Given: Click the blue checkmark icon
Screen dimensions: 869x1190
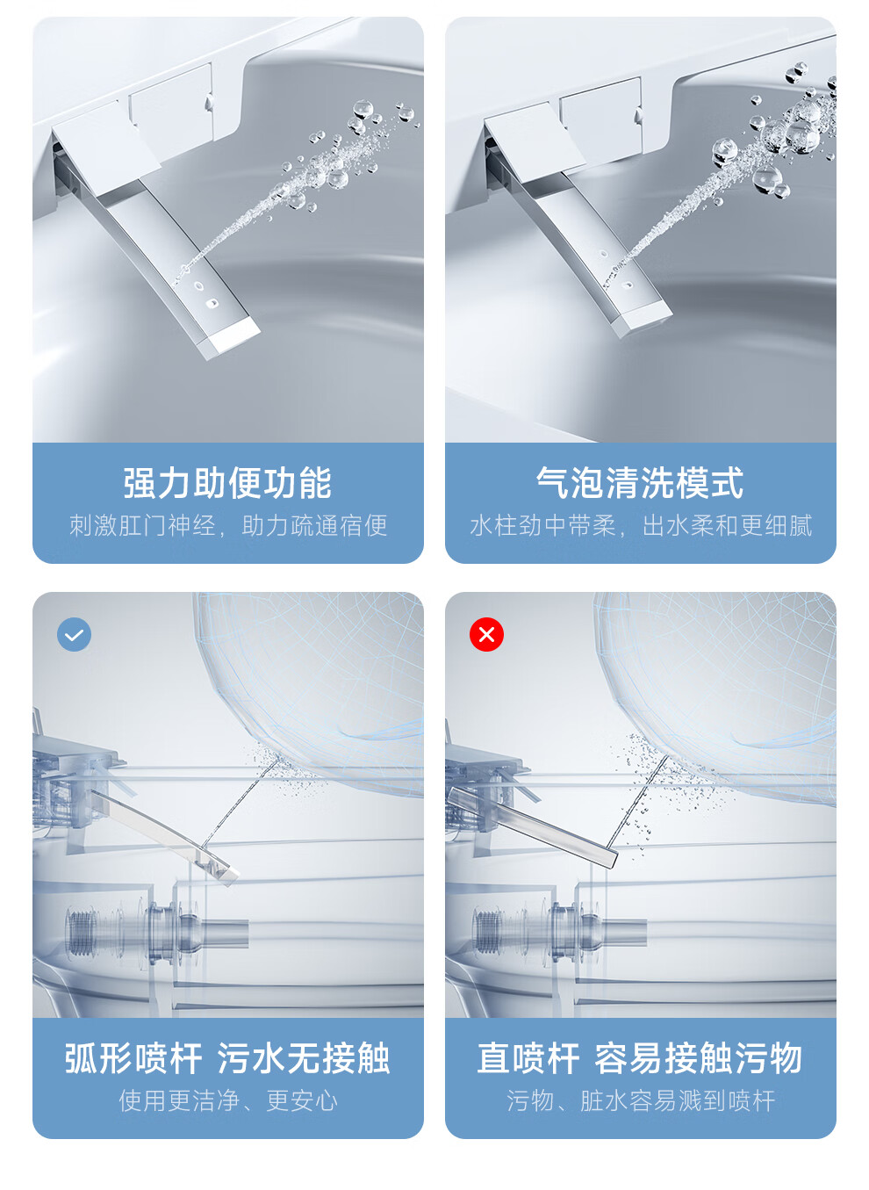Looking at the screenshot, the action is pos(74,634).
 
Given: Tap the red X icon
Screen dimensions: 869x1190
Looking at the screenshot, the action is pos(486,634).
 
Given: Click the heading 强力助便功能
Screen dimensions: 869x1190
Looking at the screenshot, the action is pos(227,483).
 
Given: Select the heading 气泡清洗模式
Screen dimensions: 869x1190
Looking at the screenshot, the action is pos(640,483).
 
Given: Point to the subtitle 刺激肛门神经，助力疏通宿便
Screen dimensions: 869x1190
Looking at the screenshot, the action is pos(228,526).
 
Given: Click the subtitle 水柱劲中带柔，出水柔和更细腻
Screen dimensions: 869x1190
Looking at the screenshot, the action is pos(641,526).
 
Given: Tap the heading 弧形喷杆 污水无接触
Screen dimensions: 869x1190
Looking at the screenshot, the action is pos(227,1058).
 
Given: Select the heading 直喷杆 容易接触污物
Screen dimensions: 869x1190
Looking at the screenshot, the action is pos(640,1058).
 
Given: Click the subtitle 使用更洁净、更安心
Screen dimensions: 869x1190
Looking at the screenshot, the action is pos(228,1100).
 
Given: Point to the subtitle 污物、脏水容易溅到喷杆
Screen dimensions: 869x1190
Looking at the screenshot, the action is pos(641,1100).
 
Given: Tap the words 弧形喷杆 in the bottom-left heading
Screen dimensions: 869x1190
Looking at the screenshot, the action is pos(133,1058).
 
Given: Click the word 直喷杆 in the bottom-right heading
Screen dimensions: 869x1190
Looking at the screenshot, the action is pos(528,1058).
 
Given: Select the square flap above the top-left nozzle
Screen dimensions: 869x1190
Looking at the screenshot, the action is pos(106,146).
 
